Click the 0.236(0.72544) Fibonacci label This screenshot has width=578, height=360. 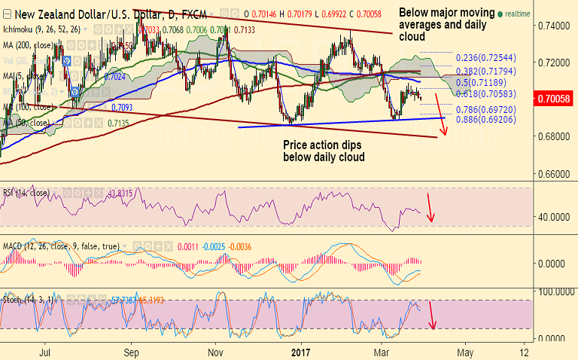pos(486,58)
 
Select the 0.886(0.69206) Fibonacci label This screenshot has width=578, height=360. pos(486,120)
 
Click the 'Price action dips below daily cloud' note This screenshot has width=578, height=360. pos(324,151)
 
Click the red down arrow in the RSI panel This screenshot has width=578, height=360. pos(430,208)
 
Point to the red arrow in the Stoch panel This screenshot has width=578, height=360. pos(432,314)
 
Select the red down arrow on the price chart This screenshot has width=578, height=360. pos(442,113)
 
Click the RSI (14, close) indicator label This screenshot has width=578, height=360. pos(27,191)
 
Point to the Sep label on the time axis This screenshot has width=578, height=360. pos(132,351)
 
